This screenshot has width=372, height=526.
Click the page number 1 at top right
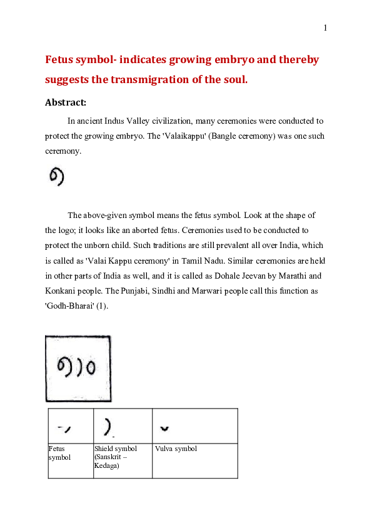click(325, 27)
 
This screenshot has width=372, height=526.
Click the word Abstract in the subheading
click(65, 102)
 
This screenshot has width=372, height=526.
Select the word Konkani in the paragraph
click(61, 290)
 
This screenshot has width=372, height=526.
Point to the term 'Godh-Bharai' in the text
click(68, 306)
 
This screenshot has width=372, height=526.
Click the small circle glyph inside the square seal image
click(91, 365)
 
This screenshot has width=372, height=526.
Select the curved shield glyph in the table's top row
click(108, 427)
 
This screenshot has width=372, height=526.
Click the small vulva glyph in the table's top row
click(164, 429)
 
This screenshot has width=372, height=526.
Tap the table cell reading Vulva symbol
click(176, 449)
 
